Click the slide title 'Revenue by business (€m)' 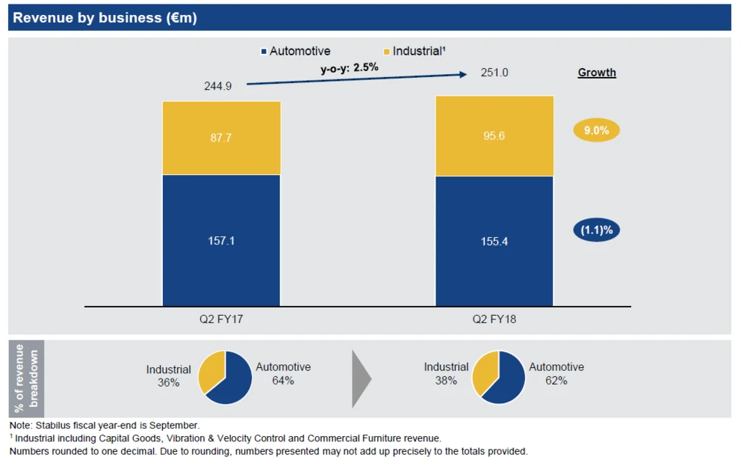click(105, 18)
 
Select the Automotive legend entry click(296, 52)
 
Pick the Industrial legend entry click(415, 52)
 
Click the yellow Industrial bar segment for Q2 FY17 click(221, 138)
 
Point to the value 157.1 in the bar click(221, 241)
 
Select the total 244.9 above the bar click(218, 86)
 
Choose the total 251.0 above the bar click(474, 73)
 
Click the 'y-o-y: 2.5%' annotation click(350, 67)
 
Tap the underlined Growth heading click(597, 73)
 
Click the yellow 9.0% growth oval click(597, 130)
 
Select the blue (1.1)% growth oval click(597, 230)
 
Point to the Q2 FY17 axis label click(220, 319)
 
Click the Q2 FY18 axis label click(494, 319)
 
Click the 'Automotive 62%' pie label click(557, 373)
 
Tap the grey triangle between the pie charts click(361, 377)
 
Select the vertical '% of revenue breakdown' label click(25, 378)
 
